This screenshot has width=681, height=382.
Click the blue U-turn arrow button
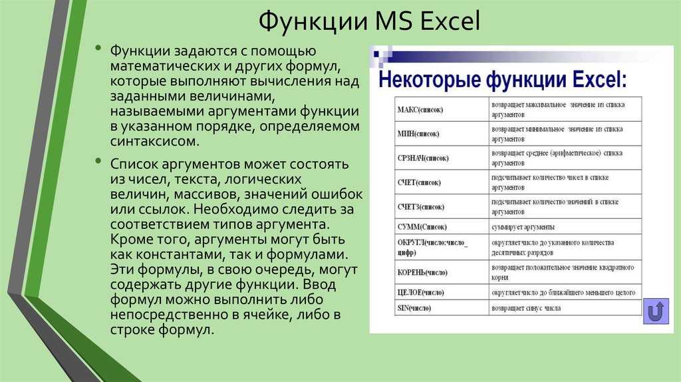(656, 311)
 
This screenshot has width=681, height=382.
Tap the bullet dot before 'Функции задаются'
(99, 48)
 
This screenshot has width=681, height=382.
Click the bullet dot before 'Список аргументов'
(99, 162)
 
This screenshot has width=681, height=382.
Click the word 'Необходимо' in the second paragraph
(236, 209)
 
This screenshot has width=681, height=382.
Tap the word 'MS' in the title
(394, 21)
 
